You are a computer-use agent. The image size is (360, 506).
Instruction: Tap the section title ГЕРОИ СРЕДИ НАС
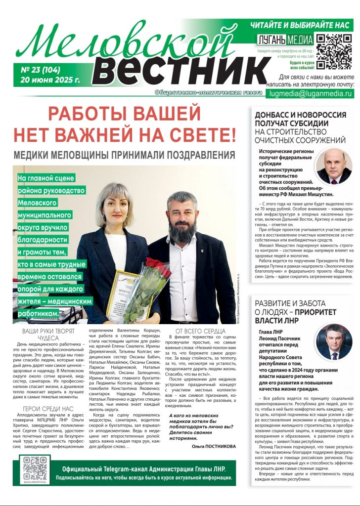pyautogui.click(x=48, y=408)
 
